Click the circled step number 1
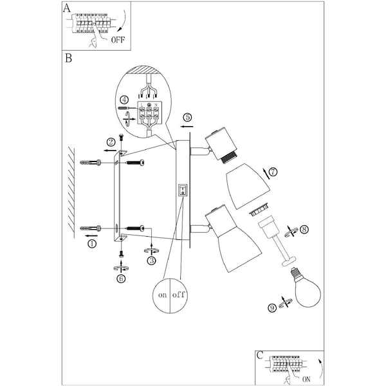[91, 244]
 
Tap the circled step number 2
[111, 142]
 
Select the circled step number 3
[151, 261]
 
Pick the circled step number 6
[121, 279]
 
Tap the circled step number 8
[304, 228]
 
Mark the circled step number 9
[272, 308]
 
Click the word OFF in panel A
[118, 39]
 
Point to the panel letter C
[259, 354]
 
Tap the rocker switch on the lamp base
[183, 190]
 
